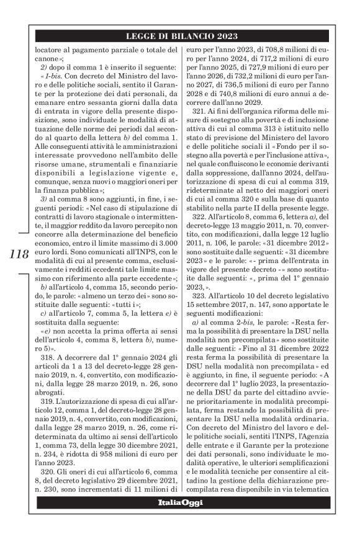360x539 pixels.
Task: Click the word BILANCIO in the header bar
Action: pyautogui.click(x=184, y=36)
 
